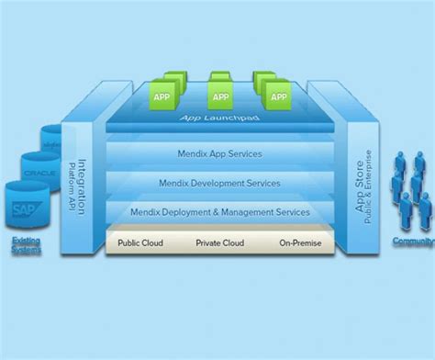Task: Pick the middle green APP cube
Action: click(220, 95)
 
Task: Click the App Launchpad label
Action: click(217, 119)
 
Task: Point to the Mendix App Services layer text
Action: click(219, 154)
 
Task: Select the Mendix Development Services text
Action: click(219, 183)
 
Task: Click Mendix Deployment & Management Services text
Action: click(219, 212)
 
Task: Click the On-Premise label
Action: click(300, 243)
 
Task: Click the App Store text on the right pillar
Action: click(360, 183)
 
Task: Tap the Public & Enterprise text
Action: click(371, 183)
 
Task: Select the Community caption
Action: click(414, 241)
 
